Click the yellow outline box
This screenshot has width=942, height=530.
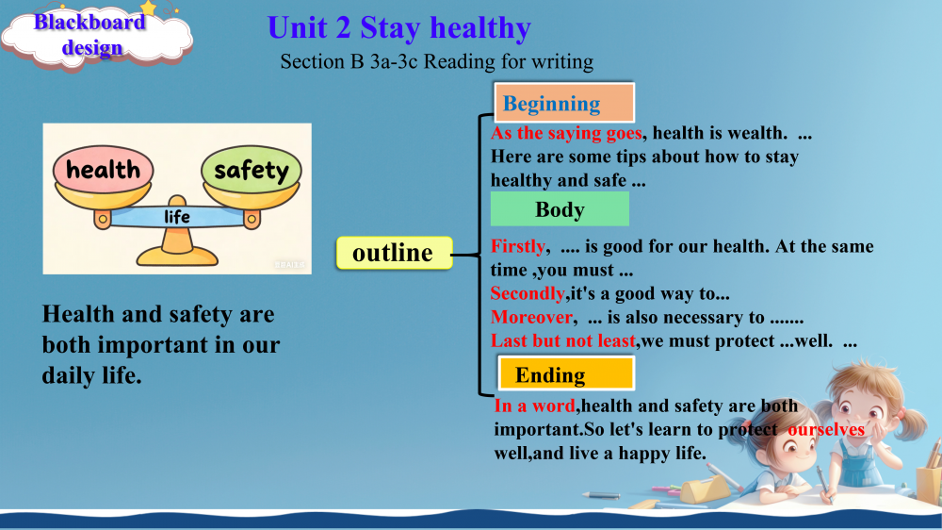coord(394,253)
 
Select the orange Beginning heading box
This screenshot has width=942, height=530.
coord(564,103)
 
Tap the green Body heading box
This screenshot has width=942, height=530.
coord(560,208)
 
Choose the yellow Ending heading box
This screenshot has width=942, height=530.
coord(566,373)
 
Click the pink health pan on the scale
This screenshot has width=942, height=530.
coord(103,169)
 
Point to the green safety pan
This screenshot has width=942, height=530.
coord(252,169)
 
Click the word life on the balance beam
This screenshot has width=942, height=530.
coord(177,217)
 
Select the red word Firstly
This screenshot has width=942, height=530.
coord(517,246)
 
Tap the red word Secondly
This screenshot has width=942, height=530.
coord(528,293)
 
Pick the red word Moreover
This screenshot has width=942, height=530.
coord(531,317)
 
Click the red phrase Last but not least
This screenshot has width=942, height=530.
coord(563,341)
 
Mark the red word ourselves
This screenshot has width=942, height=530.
coord(826,429)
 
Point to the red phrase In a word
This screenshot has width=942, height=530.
coord(535,406)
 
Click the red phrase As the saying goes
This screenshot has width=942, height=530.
coord(566,133)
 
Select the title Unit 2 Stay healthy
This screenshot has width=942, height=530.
coord(398,28)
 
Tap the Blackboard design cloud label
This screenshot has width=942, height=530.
coord(93,36)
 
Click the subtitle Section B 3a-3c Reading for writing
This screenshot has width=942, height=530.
coord(437,61)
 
